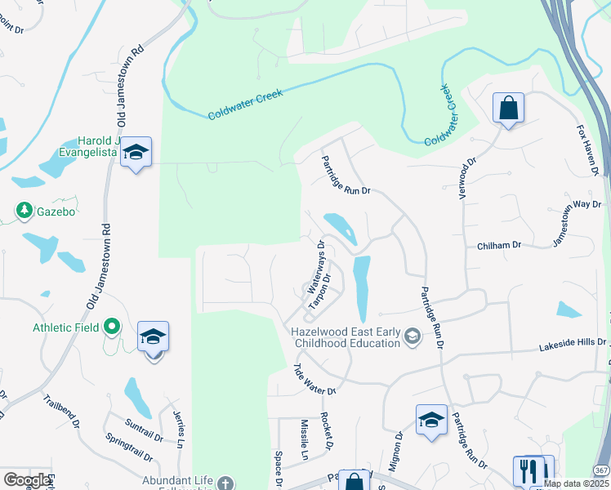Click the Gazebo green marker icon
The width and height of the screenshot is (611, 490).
[25, 212]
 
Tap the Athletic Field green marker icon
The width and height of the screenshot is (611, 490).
[113, 327]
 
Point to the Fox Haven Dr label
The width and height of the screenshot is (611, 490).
[588, 150]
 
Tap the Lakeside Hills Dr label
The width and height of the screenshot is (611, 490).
[573, 346]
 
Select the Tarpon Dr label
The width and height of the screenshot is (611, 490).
[319, 291]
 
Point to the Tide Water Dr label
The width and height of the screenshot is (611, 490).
[314, 379]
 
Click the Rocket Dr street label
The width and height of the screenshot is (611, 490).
[327, 431]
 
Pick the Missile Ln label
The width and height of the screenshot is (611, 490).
[304, 439]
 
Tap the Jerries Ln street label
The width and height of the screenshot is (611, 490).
[179, 425]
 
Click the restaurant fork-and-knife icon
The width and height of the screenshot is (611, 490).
[527, 471]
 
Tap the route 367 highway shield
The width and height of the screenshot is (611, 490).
[600, 471]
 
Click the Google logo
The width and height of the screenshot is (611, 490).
[27, 480]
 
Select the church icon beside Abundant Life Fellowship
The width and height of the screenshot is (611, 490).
[225, 483]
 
